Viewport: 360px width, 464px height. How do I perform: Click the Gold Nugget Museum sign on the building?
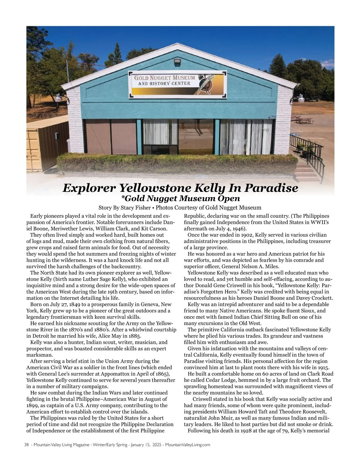177,85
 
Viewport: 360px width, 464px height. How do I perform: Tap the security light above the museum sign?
177,61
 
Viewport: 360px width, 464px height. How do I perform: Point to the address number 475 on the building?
272,117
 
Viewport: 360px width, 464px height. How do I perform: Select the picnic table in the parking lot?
303,120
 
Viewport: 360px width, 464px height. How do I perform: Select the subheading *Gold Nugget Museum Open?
180,198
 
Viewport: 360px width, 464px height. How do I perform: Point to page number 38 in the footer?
26,445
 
